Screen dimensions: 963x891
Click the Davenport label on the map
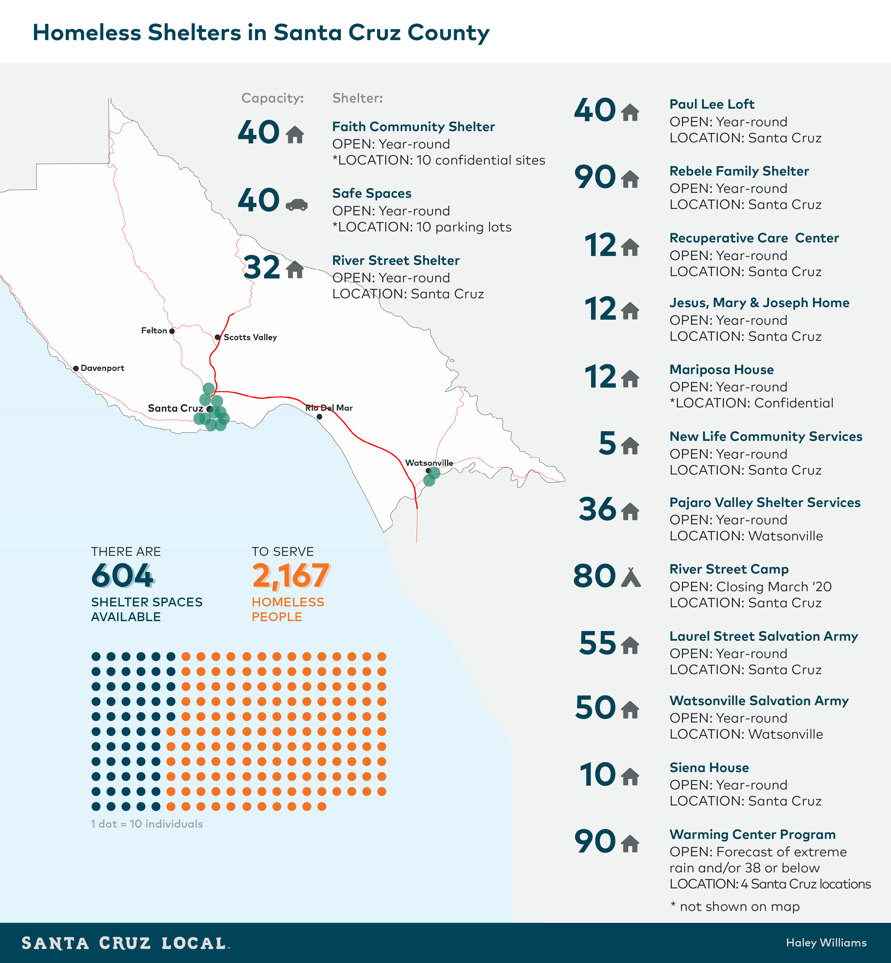point(102,368)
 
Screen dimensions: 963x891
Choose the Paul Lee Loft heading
point(712,104)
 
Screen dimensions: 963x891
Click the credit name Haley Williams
point(826,943)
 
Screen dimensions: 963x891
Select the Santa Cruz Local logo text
point(124,943)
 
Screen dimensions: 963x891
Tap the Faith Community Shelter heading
point(413,127)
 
